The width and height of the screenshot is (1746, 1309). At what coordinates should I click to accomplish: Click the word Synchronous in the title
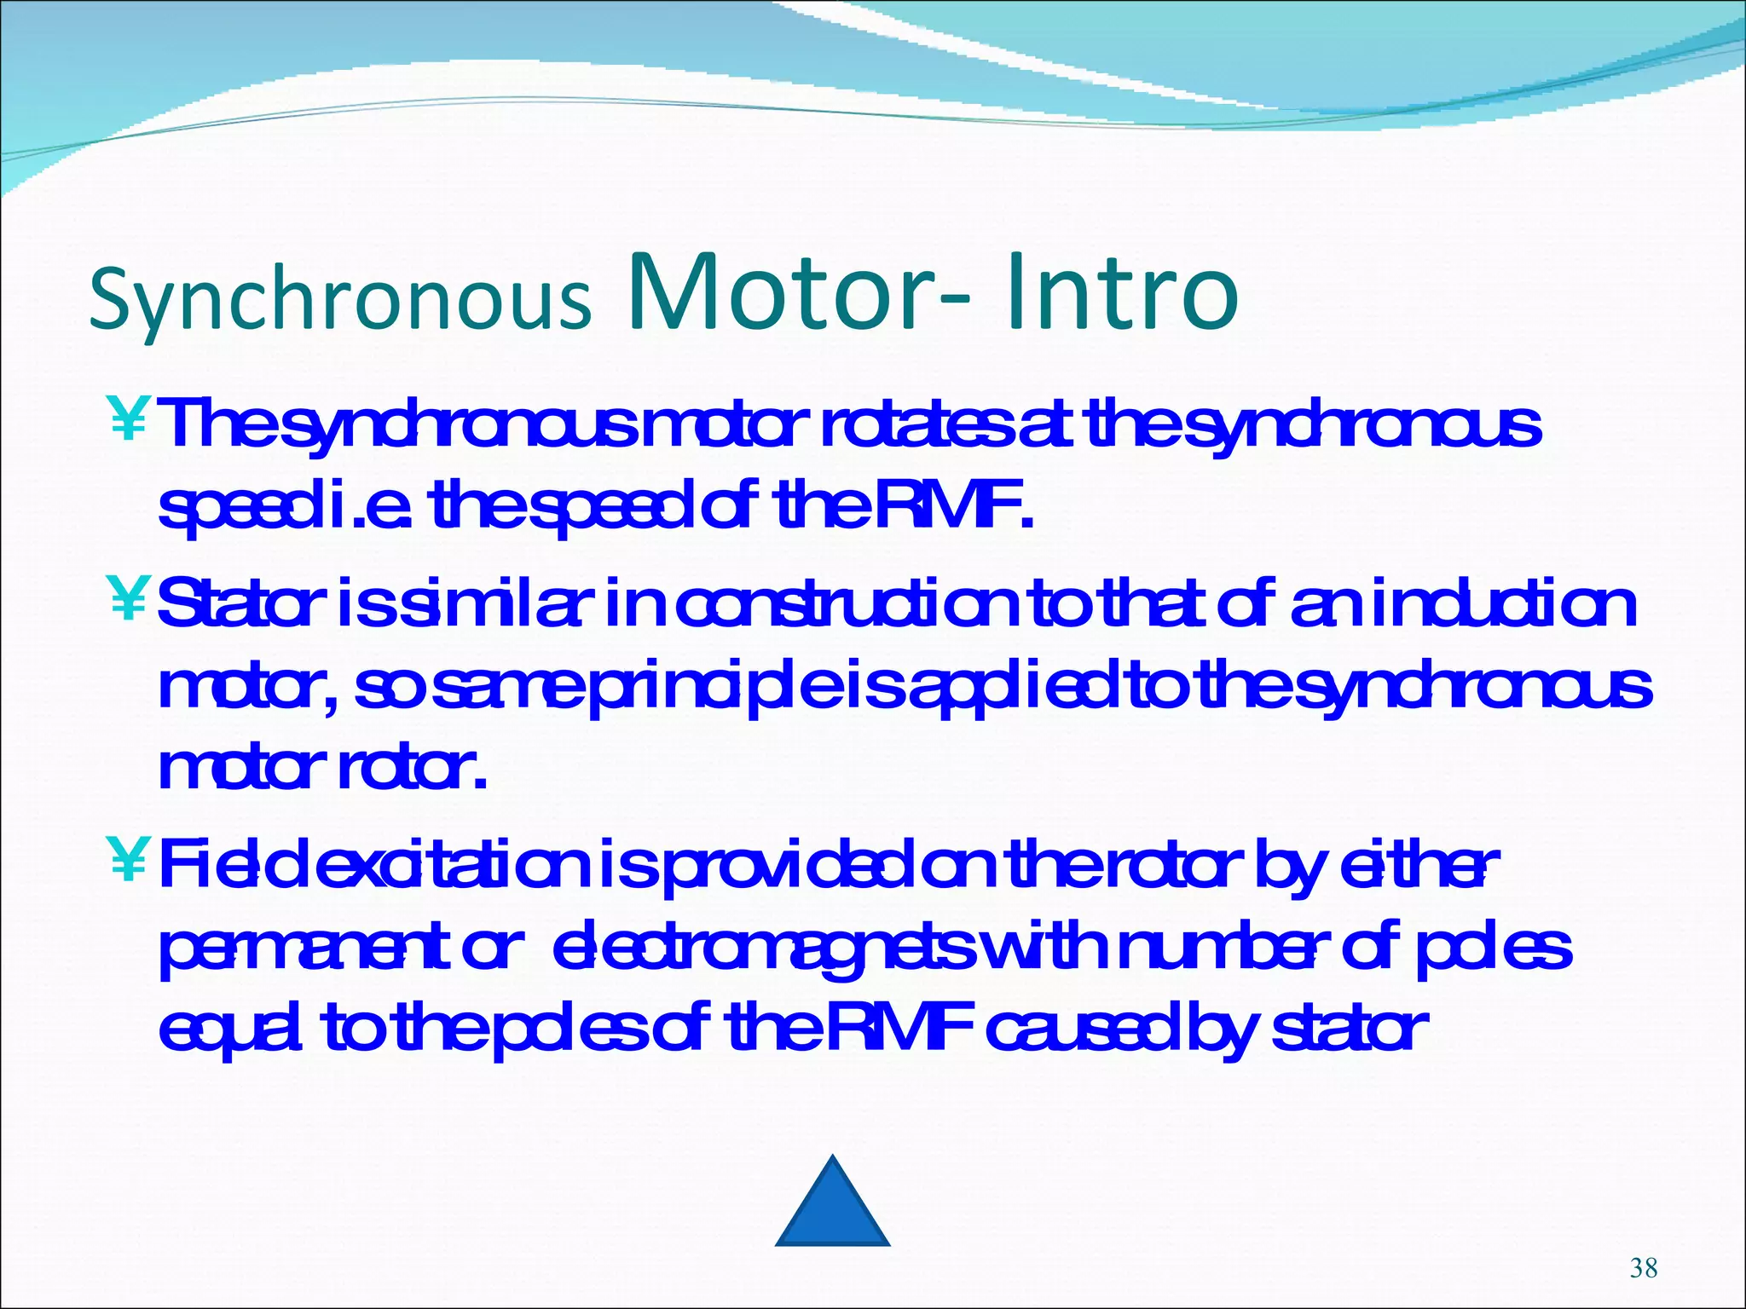coord(339,299)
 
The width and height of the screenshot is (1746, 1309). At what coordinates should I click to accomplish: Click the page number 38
coord(1643,1268)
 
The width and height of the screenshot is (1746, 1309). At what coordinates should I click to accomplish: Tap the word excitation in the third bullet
coord(461,864)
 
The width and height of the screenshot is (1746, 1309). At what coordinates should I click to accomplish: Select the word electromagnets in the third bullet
coord(763,953)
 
